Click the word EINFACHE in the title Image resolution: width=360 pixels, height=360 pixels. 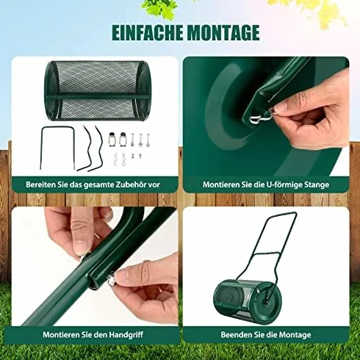click(147, 32)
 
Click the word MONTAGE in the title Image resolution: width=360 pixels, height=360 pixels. click(223, 32)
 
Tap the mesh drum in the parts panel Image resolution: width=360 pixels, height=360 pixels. click(98, 90)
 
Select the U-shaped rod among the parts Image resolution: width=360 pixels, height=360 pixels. click(57, 148)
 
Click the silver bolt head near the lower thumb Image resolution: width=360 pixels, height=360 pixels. click(112, 282)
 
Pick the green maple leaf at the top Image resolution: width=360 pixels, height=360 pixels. click(159, 7)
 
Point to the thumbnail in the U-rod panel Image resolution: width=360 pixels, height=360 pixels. click(281, 107)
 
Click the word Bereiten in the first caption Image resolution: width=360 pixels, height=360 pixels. click(41, 184)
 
